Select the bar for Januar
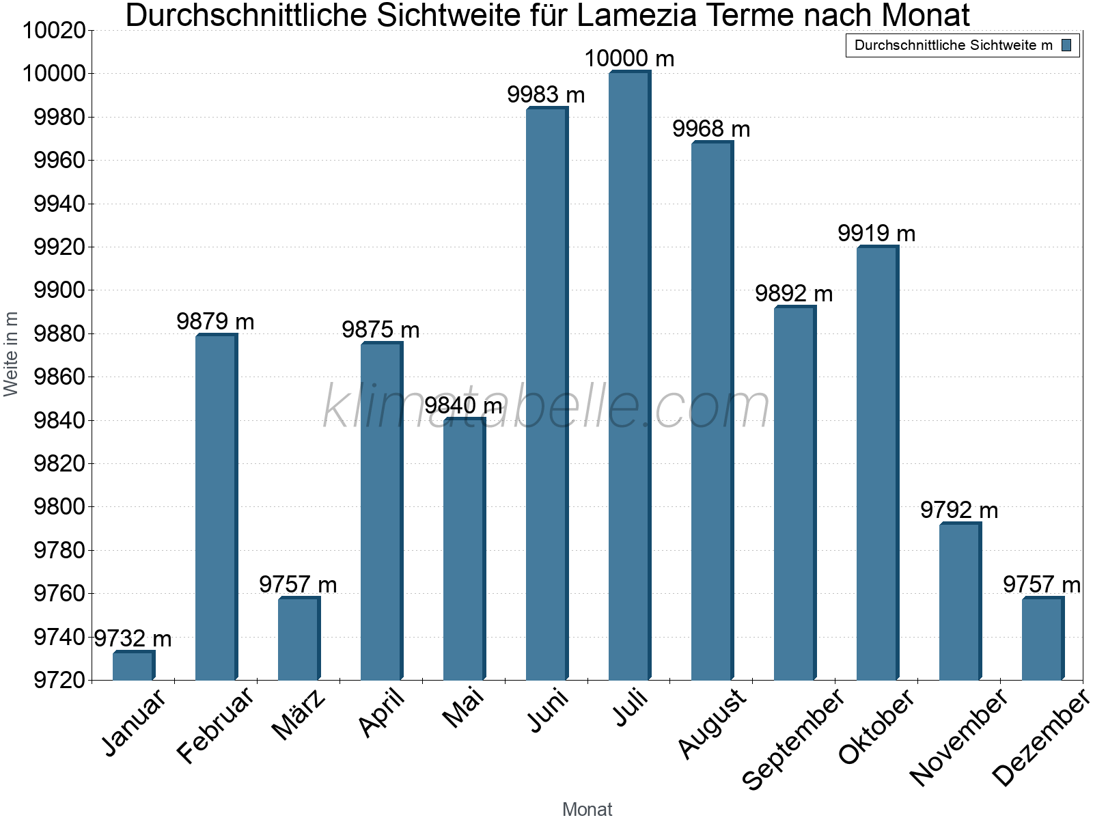tap(134, 666)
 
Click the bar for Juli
tap(629, 376)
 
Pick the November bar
tap(960, 601)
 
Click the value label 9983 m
tap(546, 95)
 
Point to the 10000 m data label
tap(629, 59)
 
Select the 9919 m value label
tap(876, 234)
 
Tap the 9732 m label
tap(133, 639)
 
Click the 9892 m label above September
tap(794, 294)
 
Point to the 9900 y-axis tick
tap(59, 290)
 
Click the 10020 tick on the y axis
tap(55, 31)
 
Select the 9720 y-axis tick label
tap(59, 680)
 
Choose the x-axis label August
tap(713, 723)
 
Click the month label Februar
tap(215, 724)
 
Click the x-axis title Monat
tap(587, 809)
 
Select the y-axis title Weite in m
tap(11, 353)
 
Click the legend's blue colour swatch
tap(1066, 45)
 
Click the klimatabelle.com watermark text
tap(546, 407)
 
